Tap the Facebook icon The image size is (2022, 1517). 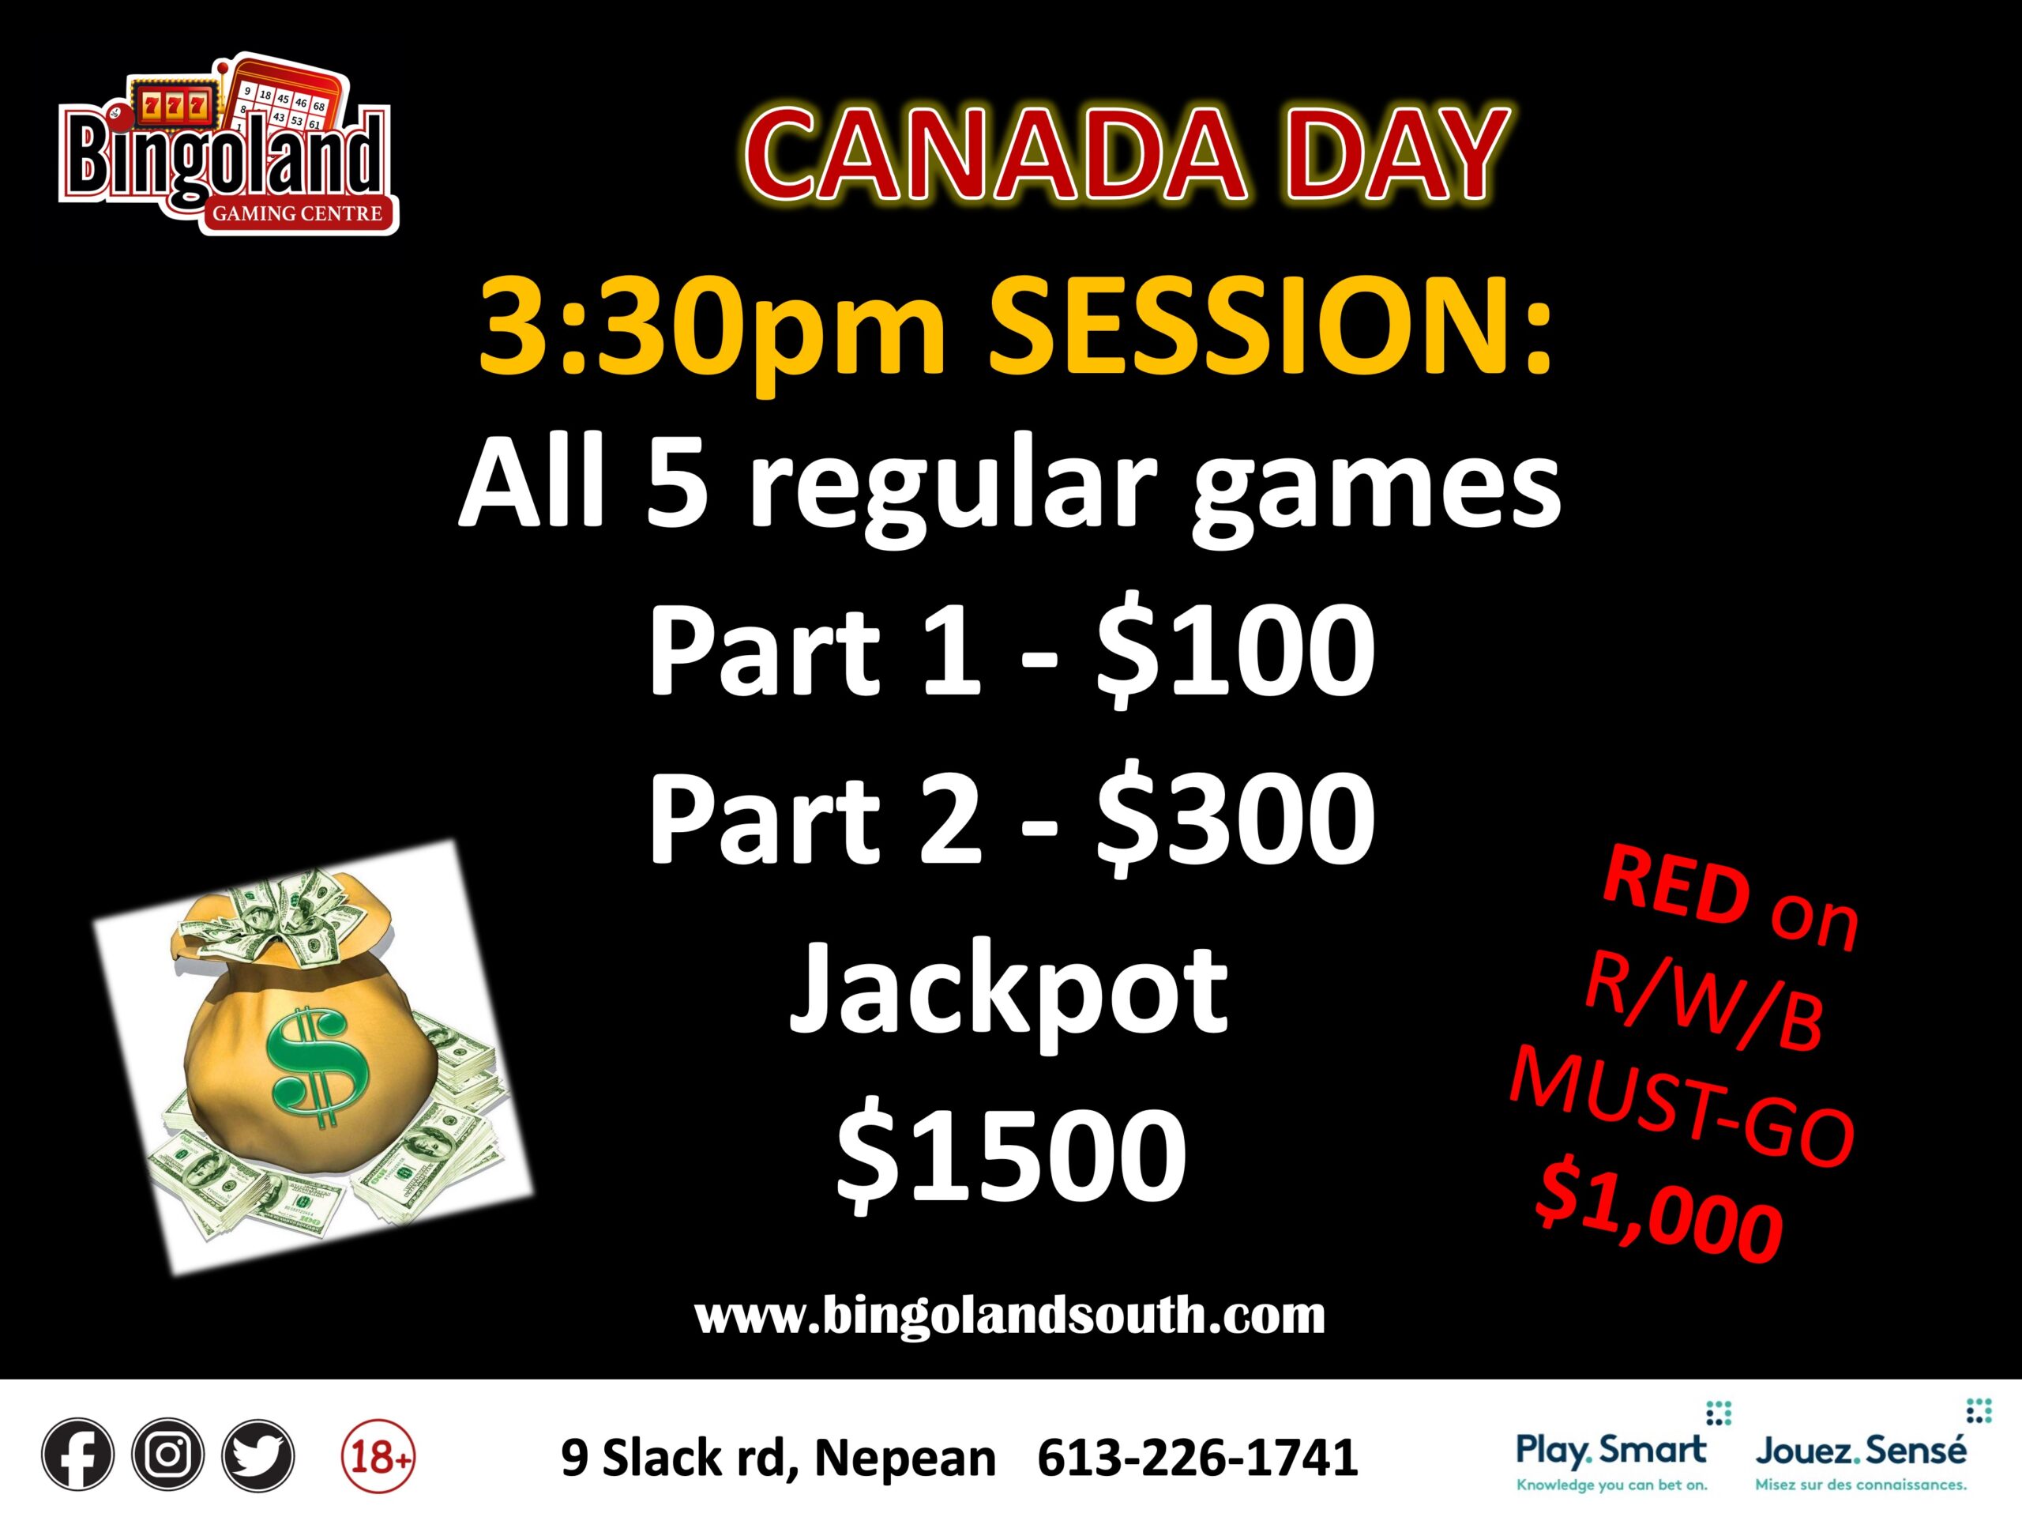coord(77,1454)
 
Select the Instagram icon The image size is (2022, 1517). coord(168,1454)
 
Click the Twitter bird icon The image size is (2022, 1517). coord(259,1454)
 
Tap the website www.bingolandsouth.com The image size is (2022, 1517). coord(1010,1315)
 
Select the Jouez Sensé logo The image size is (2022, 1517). coord(1860,1455)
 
